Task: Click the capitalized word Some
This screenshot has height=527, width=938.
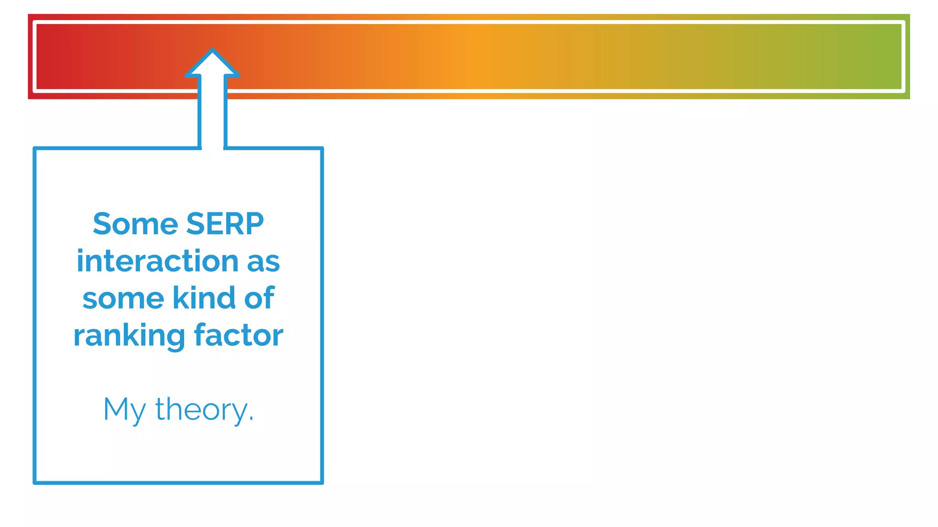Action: pos(135,224)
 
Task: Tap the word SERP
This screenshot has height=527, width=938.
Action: pos(225,224)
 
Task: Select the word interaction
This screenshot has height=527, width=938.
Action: pos(158,261)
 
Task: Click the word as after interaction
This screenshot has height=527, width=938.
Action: pos(263,262)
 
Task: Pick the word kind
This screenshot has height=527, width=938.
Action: pos(204,298)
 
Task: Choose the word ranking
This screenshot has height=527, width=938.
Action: pos(129,336)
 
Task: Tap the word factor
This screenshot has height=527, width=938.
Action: pos(239,335)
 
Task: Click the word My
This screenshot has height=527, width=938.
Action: pos(124,410)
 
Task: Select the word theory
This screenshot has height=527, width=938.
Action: pos(201,410)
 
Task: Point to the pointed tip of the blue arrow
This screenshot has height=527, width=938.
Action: pos(213,49)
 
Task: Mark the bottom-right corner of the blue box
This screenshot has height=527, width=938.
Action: pos(322,483)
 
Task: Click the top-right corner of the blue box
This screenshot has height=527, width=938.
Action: pos(322,148)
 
